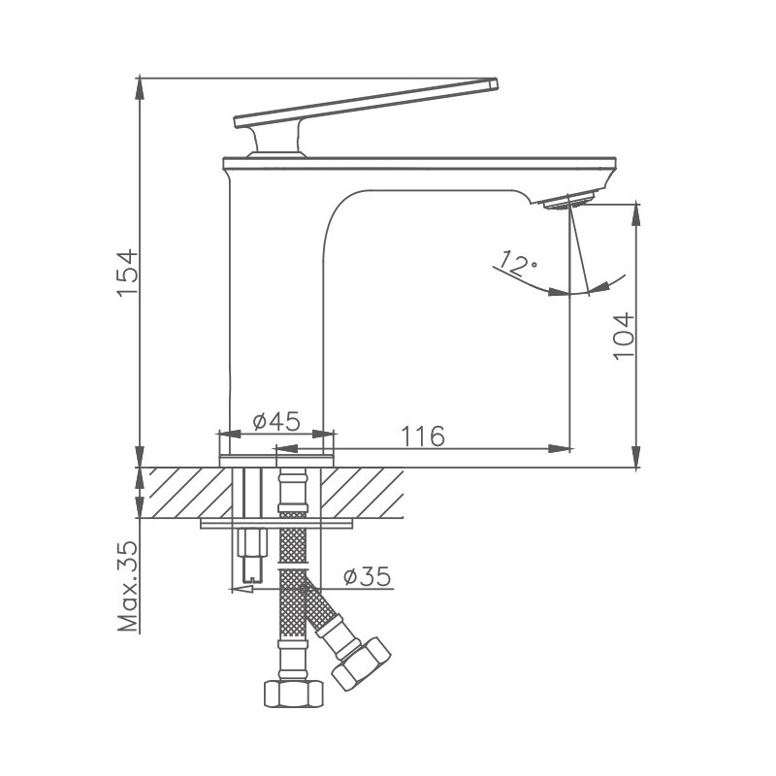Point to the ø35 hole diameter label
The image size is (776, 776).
click(368, 577)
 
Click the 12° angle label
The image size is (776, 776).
click(516, 263)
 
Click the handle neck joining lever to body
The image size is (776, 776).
click(278, 142)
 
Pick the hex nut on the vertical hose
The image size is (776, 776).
click(291, 693)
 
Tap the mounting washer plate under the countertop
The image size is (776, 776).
click(276, 524)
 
